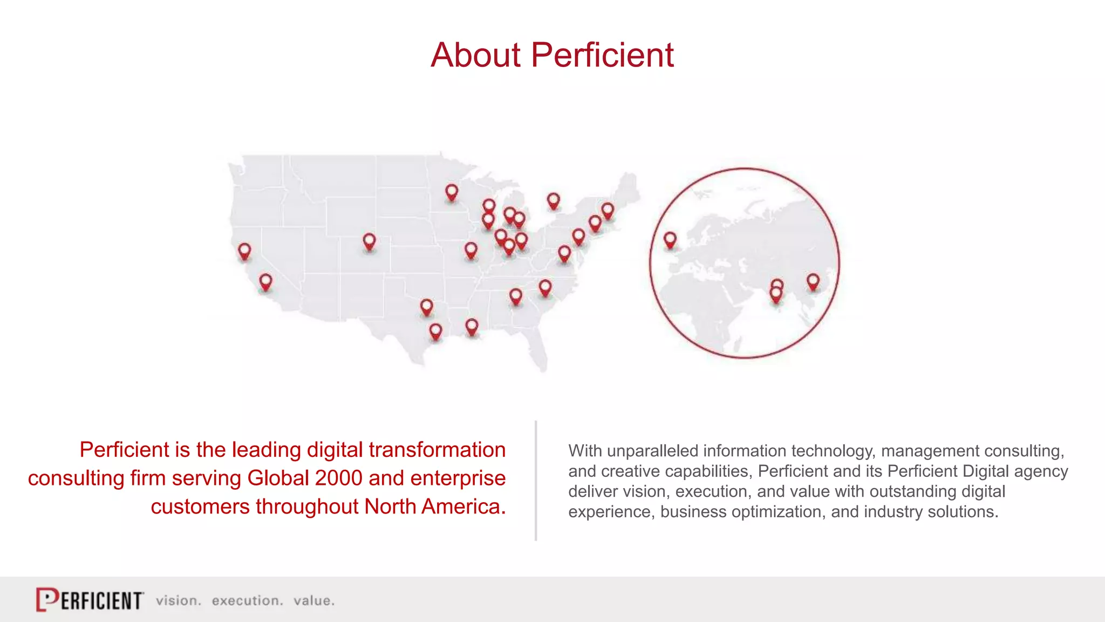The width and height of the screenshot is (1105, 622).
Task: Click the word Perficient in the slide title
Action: coord(602,55)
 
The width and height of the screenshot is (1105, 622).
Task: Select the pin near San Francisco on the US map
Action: coord(244,251)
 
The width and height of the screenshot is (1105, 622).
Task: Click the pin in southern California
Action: coord(265,281)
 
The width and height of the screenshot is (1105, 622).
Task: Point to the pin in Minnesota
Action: coord(452,192)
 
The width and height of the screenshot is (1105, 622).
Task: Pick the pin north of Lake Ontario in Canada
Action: coord(553,201)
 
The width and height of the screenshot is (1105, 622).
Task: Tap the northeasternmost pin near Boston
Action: coord(608,210)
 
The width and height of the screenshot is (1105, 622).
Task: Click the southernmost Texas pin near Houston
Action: coord(435,330)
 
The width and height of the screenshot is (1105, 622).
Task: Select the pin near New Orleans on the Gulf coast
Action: coord(472,326)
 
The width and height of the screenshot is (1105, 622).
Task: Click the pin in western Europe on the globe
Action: coord(670,239)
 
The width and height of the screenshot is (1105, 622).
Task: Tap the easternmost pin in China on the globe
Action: coord(813,281)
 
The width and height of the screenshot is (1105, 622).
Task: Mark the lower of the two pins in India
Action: coord(776,295)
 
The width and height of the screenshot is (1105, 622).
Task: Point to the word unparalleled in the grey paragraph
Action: coord(652,451)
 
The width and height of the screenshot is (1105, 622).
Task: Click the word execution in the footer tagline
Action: coord(247,600)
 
